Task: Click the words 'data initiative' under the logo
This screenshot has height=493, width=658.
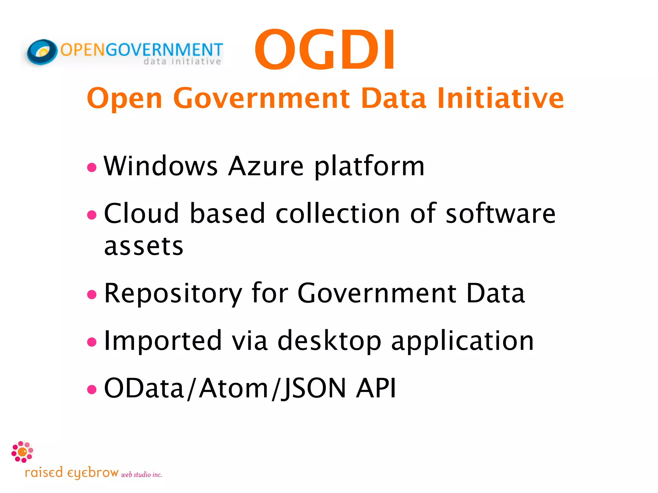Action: pos(182,61)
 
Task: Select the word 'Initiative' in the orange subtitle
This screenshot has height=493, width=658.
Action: pos(500,98)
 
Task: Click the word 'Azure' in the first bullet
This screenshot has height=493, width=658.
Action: pos(266,166)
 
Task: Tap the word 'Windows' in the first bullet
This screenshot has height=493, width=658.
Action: pos(161,166)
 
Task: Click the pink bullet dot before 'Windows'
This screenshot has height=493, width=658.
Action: pos(92,167)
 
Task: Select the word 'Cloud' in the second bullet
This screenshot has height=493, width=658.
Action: pos(141,213)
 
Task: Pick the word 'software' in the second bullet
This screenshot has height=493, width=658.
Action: pos(501,213)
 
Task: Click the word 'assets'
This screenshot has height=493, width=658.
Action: pos(144,246)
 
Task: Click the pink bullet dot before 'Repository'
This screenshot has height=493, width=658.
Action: pos(92,294)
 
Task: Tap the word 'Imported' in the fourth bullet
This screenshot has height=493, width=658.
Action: pos(163,341)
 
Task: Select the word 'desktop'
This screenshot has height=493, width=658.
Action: pos(329,341)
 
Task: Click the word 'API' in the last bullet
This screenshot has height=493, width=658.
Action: pos(376,388)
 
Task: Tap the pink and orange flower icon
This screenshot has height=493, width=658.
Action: pos(22,452)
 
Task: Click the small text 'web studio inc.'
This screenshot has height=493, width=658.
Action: pos(141,475)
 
